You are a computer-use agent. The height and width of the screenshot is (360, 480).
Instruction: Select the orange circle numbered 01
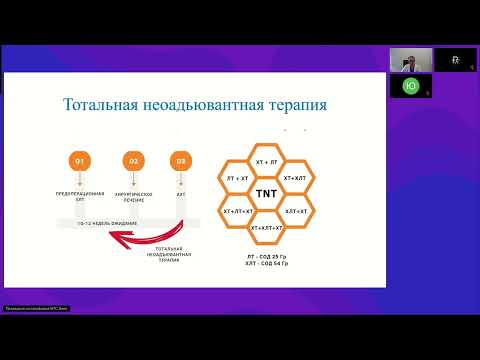click(82, 160)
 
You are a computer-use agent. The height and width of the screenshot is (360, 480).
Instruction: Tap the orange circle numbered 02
click(131, 160)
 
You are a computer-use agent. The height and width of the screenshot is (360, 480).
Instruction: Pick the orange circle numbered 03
click(180, 160)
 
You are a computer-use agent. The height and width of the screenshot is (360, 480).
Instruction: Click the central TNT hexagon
click(267, 194)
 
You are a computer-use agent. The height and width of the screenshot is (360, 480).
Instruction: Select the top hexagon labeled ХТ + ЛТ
click(267, 160)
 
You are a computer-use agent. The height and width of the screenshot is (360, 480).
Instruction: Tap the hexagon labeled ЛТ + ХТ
click(238, 177)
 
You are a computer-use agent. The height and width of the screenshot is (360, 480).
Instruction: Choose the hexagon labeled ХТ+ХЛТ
click(296, 177)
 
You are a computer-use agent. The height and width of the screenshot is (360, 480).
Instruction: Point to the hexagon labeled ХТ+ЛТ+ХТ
click(238, 211)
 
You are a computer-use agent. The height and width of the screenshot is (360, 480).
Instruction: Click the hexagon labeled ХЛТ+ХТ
click(296, 211)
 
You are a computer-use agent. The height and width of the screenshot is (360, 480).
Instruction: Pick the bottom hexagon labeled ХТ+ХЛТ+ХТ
click(267, 228)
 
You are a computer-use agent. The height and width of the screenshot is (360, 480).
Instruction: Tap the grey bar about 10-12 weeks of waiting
click(111, 221)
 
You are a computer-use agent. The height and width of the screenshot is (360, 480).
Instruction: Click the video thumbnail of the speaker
click(410, 60)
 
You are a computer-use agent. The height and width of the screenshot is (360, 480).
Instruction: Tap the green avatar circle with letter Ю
click(410, 86)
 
